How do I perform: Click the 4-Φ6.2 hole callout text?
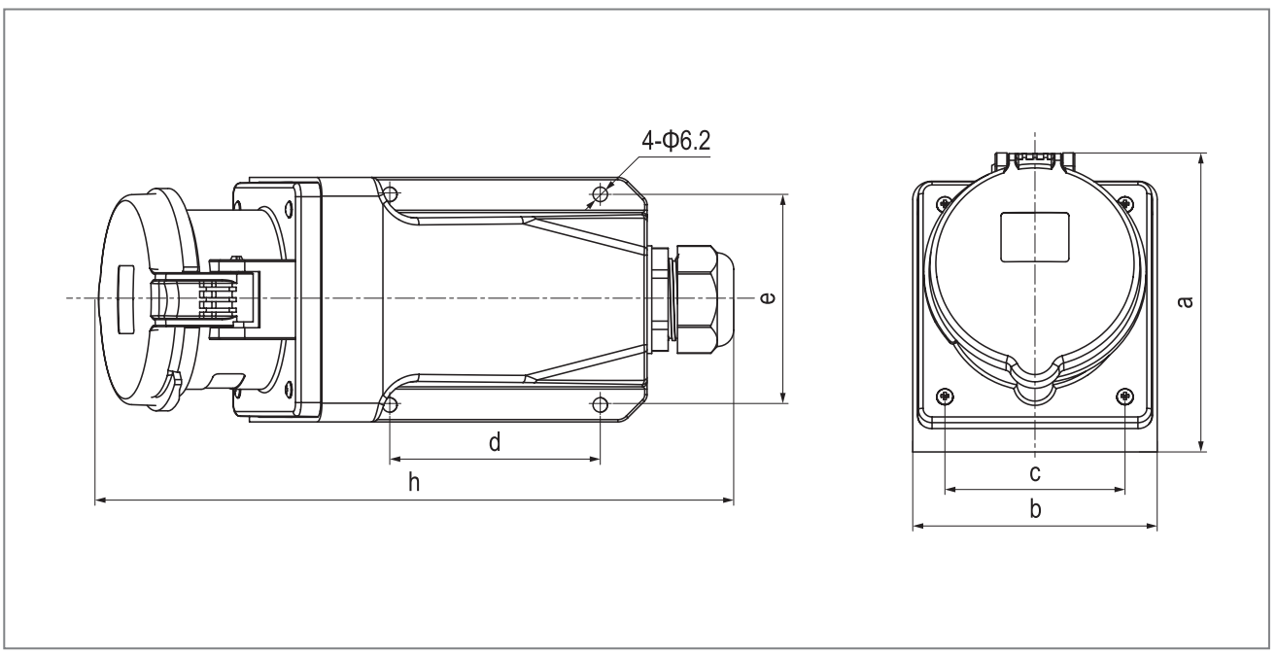click(676, 141)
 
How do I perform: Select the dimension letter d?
click(495, 442)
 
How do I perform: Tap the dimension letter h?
click(414, 482)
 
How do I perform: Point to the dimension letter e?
click(768, 297)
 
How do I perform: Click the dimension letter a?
click(1185, 301)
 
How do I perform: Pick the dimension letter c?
click(1035, 472)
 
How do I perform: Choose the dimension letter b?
click(1035, 508)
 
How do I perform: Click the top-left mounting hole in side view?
click(391, 194)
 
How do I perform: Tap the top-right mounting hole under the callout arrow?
click(601, 194)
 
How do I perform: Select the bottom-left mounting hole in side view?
click(391, 405)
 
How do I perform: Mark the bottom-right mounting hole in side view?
click(601, 405)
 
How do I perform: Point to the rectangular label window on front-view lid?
click(1035, 237)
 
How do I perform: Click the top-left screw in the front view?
click(946, 202)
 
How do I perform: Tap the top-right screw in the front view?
click(1125, 202)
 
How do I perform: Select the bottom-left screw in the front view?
click(946, 396)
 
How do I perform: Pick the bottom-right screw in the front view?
click(1125, 396)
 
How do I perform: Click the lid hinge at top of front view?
click(1035, 160)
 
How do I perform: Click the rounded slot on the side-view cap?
click(124, 298)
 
